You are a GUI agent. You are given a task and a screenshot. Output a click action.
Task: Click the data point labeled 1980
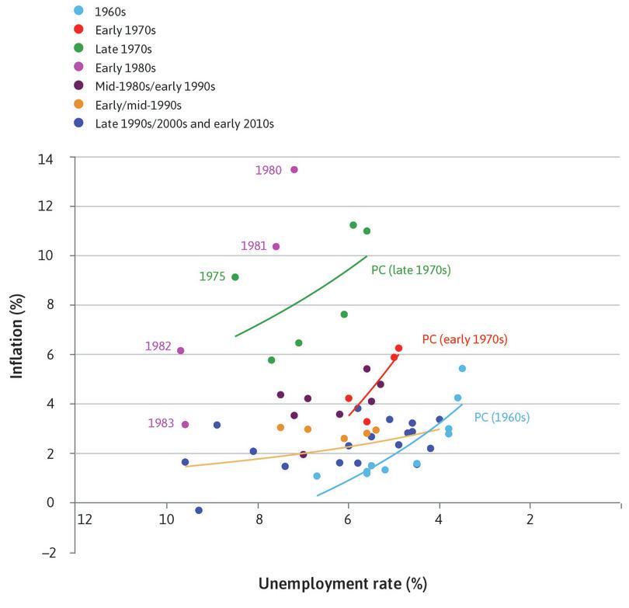pyautogui.click(x=294, y=169)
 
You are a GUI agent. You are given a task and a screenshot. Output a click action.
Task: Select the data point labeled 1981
pyautogui.click(x=276, y=246)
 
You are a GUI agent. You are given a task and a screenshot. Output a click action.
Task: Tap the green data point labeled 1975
pyautogui.click(x=235, y=277)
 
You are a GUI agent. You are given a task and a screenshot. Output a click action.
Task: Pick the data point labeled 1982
pyautogui.click(x=181, y=350)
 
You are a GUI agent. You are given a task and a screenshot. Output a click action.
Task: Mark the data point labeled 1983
pyautogui.click(x=185, y=424)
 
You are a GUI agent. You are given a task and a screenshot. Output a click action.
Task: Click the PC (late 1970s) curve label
pyautogui.click(x=411, y=270)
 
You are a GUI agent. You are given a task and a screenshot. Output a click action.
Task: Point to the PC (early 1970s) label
pyautogui.click(x=464, y=339)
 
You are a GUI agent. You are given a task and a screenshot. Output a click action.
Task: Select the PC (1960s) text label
pyautogui.click(x=501, y=417)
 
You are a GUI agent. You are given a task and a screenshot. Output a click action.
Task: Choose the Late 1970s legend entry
pyautogui.click(x=122, y=47)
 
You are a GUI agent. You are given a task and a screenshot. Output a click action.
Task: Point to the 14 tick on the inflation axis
pyautogui.click(x=57, y=158)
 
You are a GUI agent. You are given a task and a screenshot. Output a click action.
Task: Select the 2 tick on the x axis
pyautogui.click(x=530, y=519)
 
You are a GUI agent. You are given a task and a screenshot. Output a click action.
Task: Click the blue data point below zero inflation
pyautogui.click(x=199, y=510)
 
